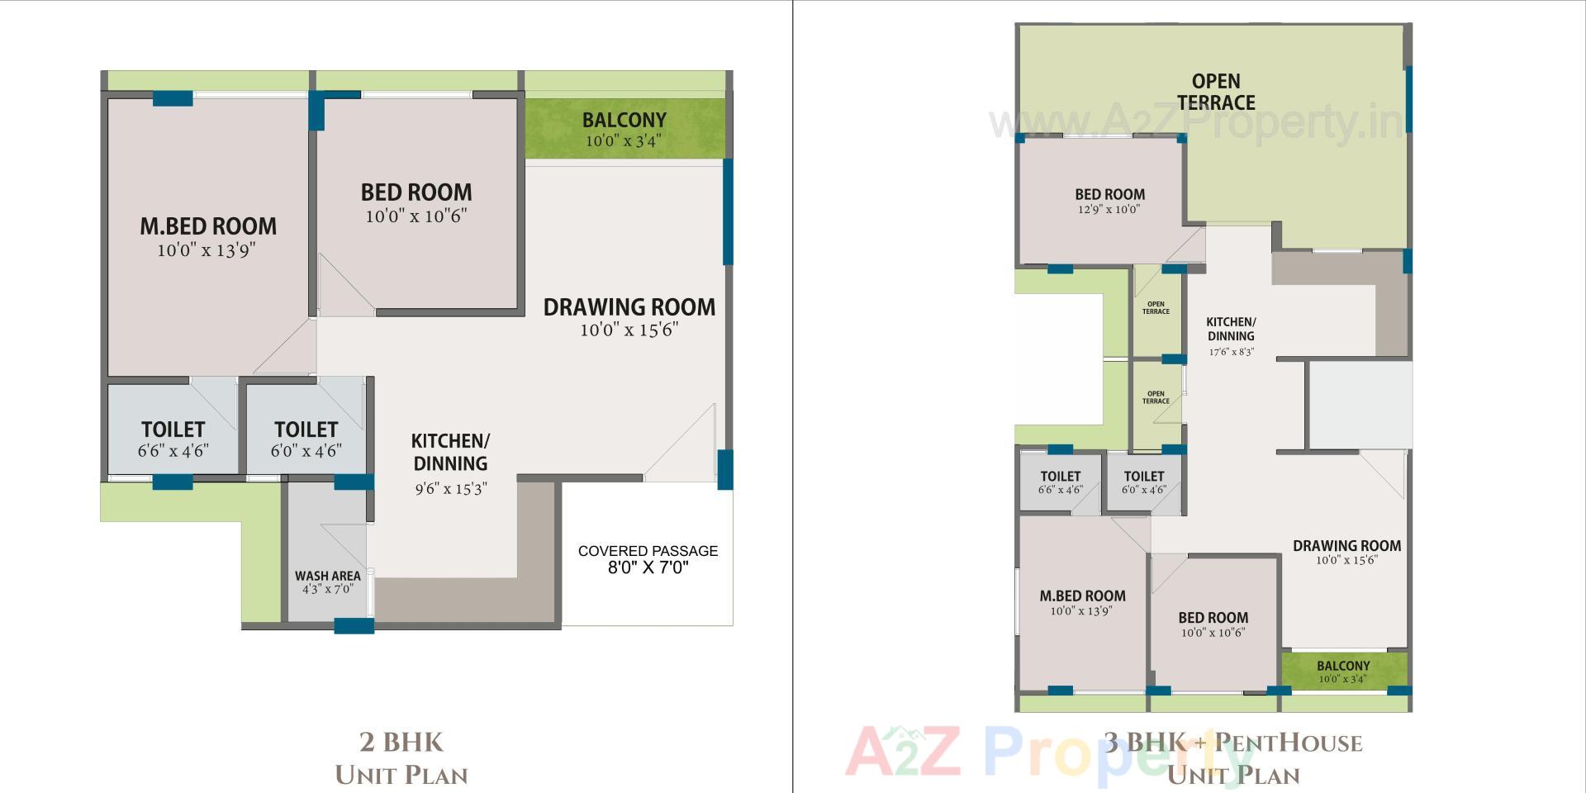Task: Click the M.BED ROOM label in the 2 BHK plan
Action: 208,226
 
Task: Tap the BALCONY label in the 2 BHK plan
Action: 624,121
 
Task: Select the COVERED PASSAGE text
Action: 648,551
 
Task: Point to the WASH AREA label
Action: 327,576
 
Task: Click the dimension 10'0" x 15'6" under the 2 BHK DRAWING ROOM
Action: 629,330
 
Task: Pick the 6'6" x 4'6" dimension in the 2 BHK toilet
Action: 173,451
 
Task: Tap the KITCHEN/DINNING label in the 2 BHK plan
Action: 450,452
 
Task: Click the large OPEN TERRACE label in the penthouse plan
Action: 1216,92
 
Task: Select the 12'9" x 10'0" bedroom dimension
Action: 1109,210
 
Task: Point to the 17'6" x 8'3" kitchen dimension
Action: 1232,352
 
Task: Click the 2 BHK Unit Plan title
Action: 401,758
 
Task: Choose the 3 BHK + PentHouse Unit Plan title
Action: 1233,758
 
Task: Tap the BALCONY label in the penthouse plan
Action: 1343,666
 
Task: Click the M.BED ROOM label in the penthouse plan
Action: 1082,596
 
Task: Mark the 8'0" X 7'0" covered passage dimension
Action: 648,568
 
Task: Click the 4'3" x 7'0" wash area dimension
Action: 327,590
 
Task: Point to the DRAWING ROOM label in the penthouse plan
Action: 1346,546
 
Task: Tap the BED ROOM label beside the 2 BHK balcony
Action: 416,192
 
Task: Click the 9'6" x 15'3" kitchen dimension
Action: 450,489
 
